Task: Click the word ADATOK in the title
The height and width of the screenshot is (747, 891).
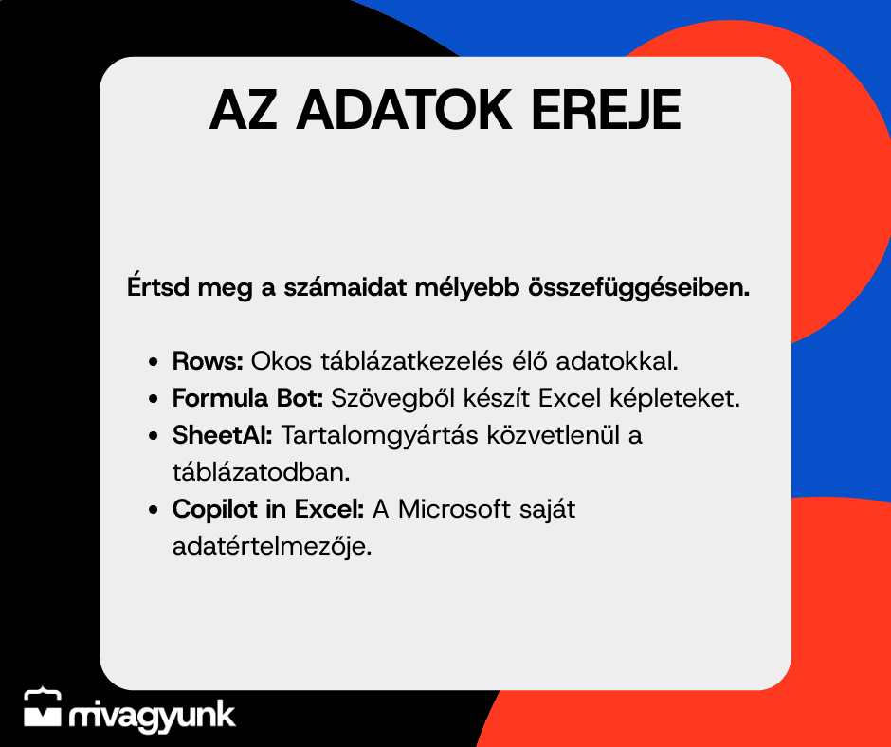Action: click(404, 110)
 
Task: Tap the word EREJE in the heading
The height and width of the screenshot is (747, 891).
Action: click(606, 110)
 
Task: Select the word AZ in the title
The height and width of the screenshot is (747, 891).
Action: click(244, 110)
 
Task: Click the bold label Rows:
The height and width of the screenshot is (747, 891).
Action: click(208, 361)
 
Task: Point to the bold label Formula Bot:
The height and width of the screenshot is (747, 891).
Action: click(247, 398)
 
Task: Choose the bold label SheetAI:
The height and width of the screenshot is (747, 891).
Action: click(222, 435)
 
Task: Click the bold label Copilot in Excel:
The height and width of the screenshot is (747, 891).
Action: click(268, 509)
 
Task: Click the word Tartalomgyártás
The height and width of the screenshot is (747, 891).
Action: click(379, 436)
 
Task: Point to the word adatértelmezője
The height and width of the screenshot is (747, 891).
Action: click(272, 547)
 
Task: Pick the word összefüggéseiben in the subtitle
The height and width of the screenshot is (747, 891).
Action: click(639, 287)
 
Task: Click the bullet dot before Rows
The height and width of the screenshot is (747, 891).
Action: click(153, 362)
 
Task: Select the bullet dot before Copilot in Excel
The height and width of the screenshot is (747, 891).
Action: click(153, 510)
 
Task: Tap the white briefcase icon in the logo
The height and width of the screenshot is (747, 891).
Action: click(42, 708)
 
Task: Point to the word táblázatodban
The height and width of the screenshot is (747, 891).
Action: click(261, 472)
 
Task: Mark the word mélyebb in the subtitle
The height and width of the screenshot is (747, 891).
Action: click(467, 287)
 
